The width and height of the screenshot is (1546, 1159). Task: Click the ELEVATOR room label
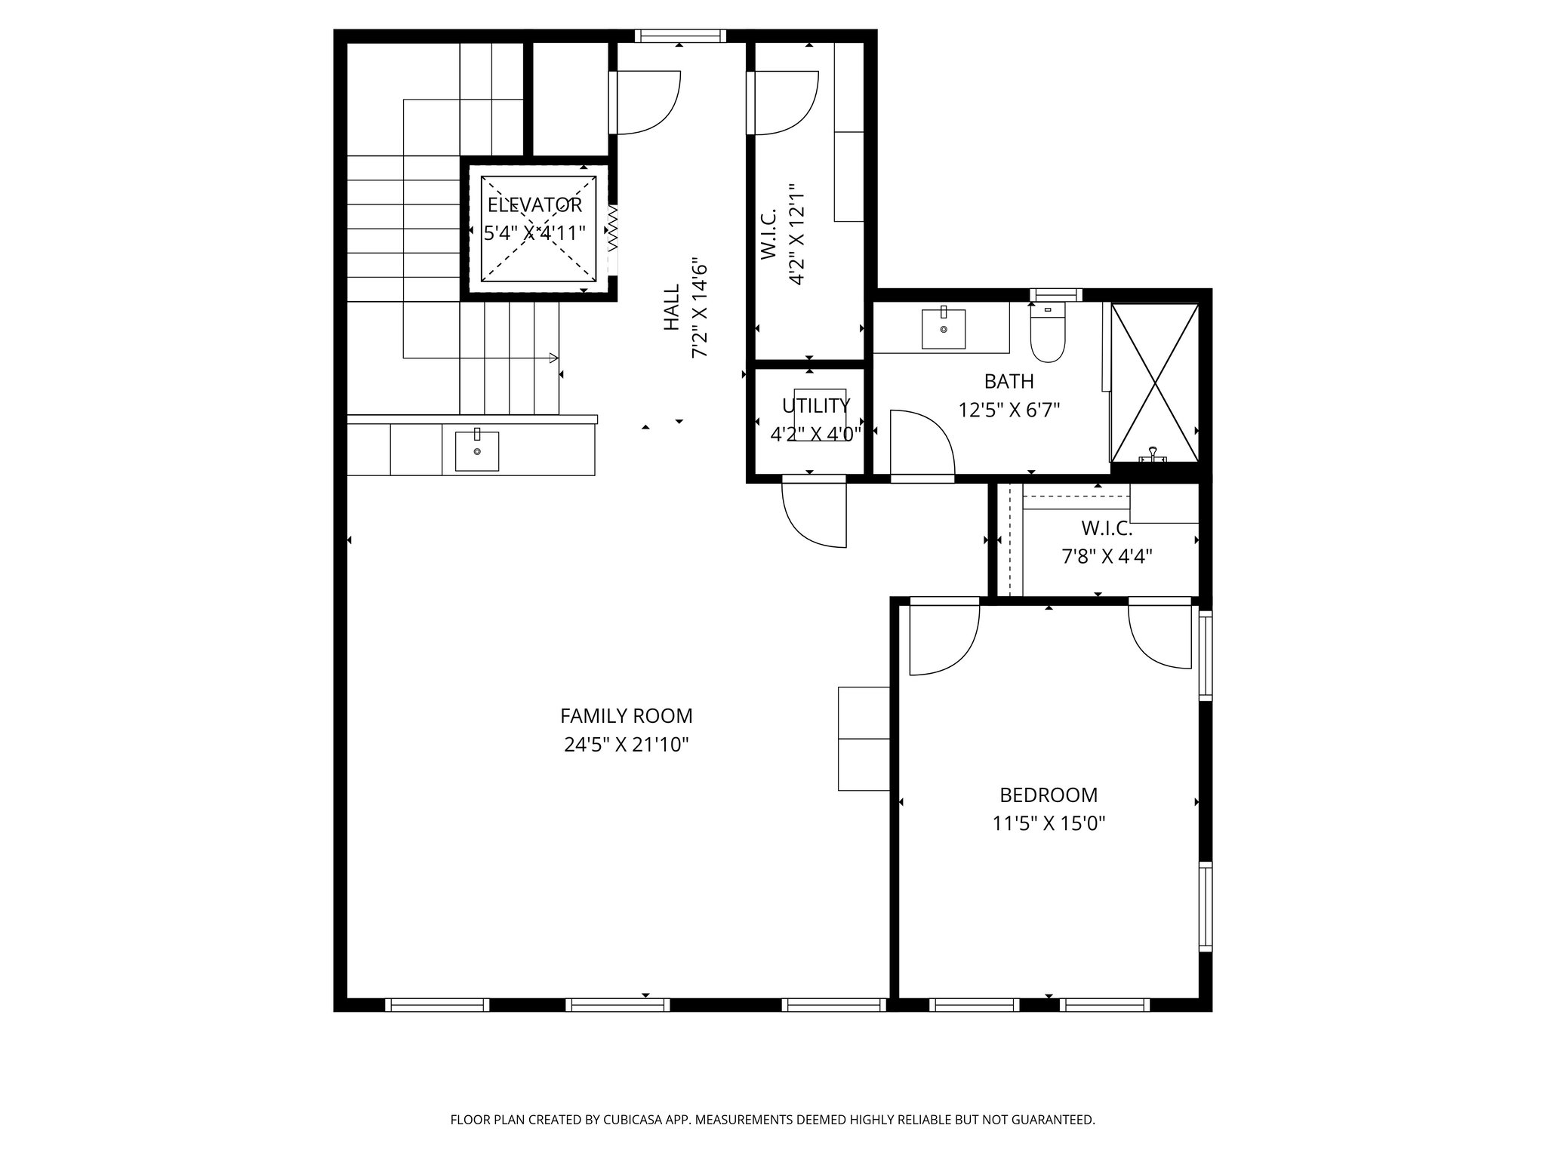click(534, 205)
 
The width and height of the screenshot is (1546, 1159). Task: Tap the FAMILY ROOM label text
click(626, 715)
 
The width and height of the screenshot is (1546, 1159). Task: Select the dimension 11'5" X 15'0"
click(1049, 823)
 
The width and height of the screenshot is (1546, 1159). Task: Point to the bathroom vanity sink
click(943, 329)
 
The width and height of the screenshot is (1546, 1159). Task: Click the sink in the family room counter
click(476, 450)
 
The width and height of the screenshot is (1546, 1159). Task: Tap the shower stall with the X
click(1154, 383)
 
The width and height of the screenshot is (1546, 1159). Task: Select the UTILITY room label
click(815, 406)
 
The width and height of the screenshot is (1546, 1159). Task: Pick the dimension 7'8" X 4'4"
click(1107, 557)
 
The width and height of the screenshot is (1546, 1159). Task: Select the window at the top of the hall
click(679, 35)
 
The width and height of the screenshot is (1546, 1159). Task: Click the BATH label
click(1009, 381)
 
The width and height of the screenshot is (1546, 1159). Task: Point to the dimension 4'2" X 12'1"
click(796, 234)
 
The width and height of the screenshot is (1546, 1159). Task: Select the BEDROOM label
click(1049, 795)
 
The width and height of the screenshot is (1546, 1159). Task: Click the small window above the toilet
click(1056, 294)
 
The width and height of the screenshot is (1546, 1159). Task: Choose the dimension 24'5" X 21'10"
click(626, 746)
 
